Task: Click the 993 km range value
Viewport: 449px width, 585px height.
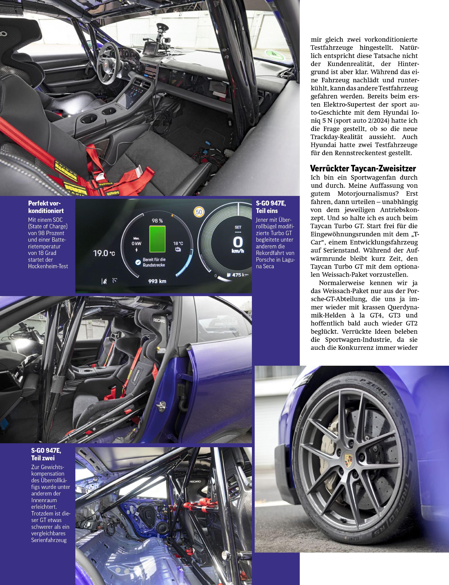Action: click(157, 281)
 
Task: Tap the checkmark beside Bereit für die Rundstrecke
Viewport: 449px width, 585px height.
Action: click(138, 263)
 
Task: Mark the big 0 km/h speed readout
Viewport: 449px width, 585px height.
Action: click(238, 243)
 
